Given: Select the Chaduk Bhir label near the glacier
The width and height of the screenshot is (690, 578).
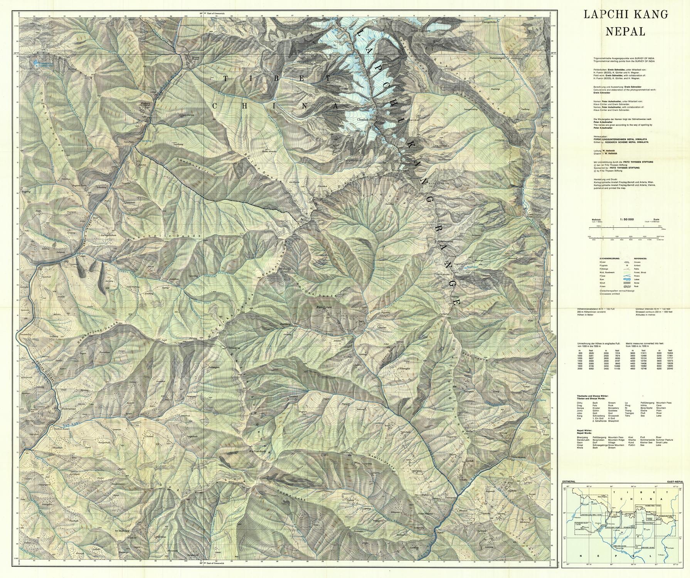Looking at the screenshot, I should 366,119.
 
